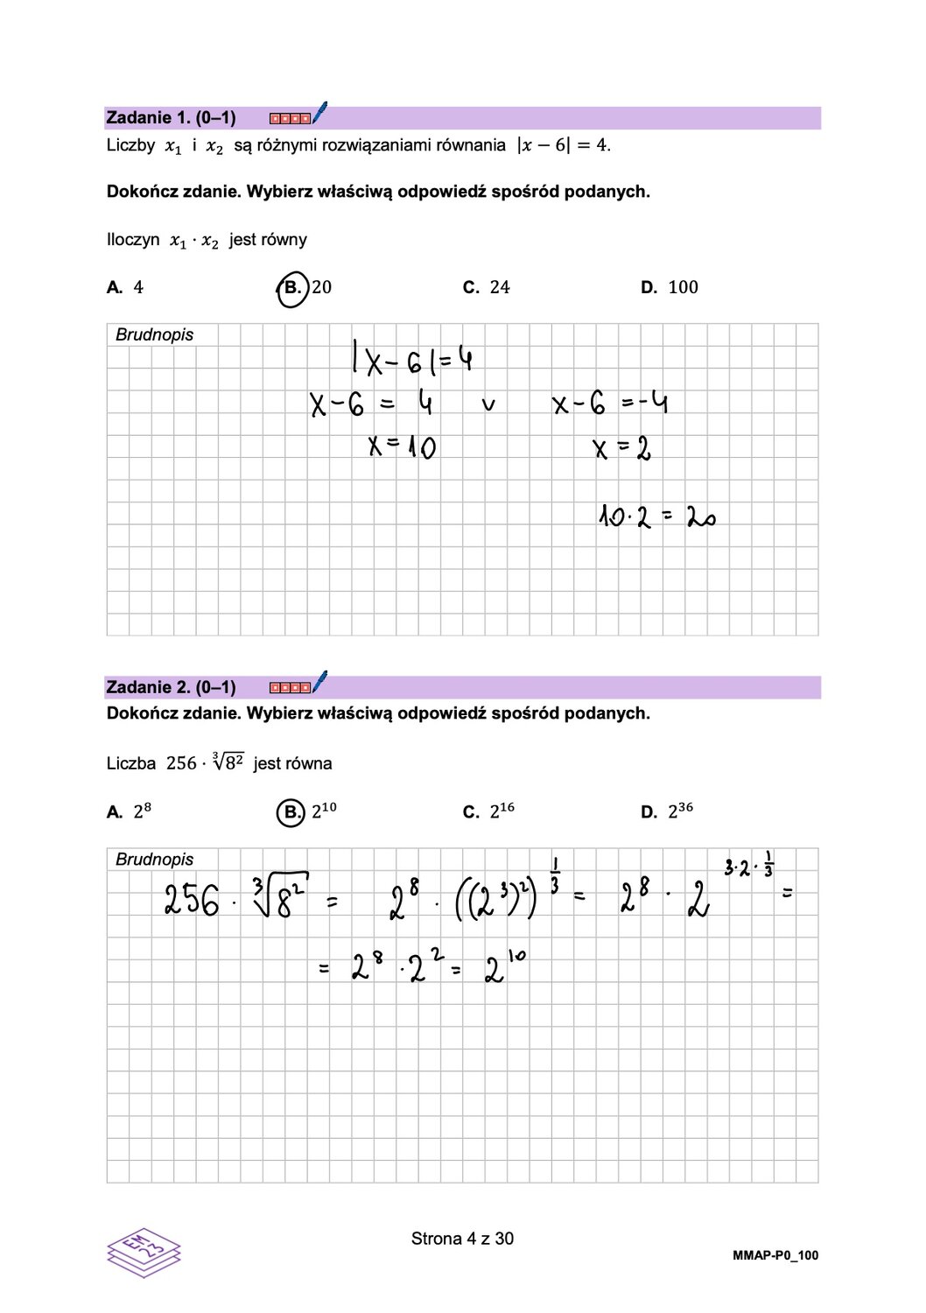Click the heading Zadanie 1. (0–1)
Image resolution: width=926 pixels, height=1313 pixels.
point(171,117)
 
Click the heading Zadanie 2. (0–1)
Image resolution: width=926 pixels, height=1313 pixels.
point(171,687)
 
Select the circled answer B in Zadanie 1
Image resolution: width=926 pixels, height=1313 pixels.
point(293,288)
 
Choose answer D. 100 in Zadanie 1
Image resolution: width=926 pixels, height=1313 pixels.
point(670,287)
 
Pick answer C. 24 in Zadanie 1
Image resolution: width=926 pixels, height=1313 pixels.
point(487,287)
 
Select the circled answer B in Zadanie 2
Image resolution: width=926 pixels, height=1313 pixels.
point(291,812)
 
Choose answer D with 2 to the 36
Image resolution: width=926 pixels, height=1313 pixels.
point(667,811)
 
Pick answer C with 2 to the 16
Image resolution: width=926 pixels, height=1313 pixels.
point(488,811)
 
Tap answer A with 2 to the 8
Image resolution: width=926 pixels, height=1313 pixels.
point(129,811)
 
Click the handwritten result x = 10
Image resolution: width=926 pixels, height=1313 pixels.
point(402,447)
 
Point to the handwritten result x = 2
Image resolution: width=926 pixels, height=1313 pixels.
point(621,450)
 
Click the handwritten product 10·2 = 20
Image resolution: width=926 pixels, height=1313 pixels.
point(657,516)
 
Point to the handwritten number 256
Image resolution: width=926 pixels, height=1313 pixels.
point(192,900)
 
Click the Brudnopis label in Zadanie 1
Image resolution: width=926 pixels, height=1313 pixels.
point(154,334)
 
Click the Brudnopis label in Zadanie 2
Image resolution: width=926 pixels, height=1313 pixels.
point(154,860)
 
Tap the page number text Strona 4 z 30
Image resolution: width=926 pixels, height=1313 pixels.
point(462,1239)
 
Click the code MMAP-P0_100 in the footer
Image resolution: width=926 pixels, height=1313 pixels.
point(775,1255)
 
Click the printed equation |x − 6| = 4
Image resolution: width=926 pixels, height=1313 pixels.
point(564,145)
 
